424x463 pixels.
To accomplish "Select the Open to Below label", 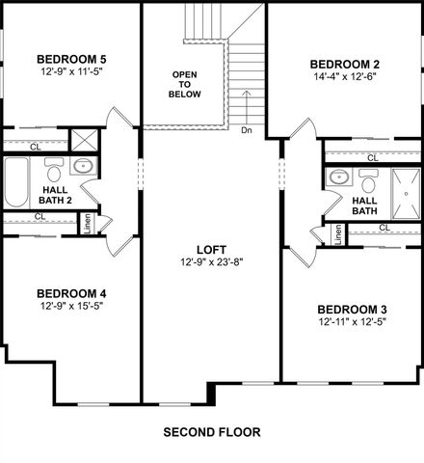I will (186, 85).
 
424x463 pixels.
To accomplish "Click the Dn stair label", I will (247, 130).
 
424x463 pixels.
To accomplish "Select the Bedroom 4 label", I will (71, 293).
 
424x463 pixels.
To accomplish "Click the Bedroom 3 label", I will (353, 310).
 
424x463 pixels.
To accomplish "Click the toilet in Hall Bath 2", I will (54, 172).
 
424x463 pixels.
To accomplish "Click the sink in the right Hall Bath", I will (337, 177).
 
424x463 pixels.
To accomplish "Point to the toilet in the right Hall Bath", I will (367, 179).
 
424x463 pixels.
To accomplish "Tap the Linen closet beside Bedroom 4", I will (86, 224).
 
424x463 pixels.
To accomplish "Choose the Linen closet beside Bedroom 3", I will (338, 235).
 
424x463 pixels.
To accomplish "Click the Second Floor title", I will (212, 431).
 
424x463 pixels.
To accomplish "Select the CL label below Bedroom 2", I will (372, 156).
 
